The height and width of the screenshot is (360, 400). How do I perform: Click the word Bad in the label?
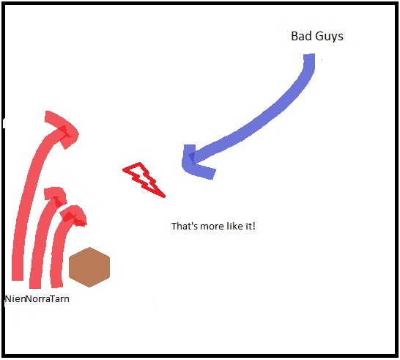(x=301, y=36)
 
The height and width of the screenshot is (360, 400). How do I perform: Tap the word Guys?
(x=329, y=37)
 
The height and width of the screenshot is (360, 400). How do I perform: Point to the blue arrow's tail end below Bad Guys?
(x=309, y=55)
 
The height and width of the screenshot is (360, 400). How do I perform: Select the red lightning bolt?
(x=144, y=180)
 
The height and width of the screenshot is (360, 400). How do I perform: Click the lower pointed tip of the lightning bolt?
(x=164, y=196)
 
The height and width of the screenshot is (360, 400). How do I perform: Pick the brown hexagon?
(x=89, y=267)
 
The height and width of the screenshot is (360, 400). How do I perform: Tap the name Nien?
(x=15, y=298)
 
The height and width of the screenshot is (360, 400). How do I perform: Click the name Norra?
(x=38, y=298)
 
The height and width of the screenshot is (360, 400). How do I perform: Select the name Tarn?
(x=59, y=298)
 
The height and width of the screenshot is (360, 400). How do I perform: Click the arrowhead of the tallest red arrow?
(x=62, y=130)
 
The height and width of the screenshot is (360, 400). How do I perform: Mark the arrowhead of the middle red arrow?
(x=56, y=196)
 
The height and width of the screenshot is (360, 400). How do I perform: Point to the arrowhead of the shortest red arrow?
(x=73, y=216)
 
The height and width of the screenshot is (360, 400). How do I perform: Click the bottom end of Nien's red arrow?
(x=18, y=279)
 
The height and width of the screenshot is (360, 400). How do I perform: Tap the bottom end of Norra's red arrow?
(x=35, y=287)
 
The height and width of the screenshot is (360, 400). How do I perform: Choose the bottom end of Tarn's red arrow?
(x=56, y=286)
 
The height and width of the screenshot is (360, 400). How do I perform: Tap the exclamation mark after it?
(x=253, y=227)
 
